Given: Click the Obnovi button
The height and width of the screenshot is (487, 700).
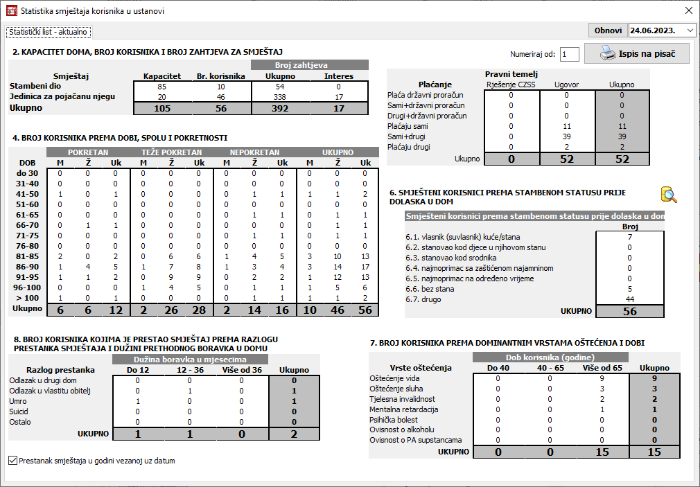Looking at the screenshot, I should [608, 30].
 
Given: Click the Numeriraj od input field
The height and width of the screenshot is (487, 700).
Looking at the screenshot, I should [569, 54].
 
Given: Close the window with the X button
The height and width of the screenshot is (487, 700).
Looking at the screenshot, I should [688, 10].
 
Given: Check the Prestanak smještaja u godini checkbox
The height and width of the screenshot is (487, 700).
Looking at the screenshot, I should [13, 460].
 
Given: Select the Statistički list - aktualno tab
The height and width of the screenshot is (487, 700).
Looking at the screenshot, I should [49, 32].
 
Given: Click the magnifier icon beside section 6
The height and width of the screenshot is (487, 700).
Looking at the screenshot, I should [668, 194].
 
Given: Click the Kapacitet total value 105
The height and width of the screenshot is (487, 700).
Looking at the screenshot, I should [162, 108].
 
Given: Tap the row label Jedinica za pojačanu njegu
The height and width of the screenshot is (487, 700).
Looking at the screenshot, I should [62, 97].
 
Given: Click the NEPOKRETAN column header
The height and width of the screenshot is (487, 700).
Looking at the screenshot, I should [254, 152].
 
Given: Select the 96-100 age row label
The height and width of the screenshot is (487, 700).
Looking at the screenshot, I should [28, 287].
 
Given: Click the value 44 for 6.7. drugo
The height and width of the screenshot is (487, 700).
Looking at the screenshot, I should [629, 299].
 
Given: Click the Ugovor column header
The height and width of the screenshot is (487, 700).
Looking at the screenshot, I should [566, 85].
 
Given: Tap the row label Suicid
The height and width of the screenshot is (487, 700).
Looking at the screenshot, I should [20, 411].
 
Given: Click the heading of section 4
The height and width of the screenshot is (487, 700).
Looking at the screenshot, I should [120, 137].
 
